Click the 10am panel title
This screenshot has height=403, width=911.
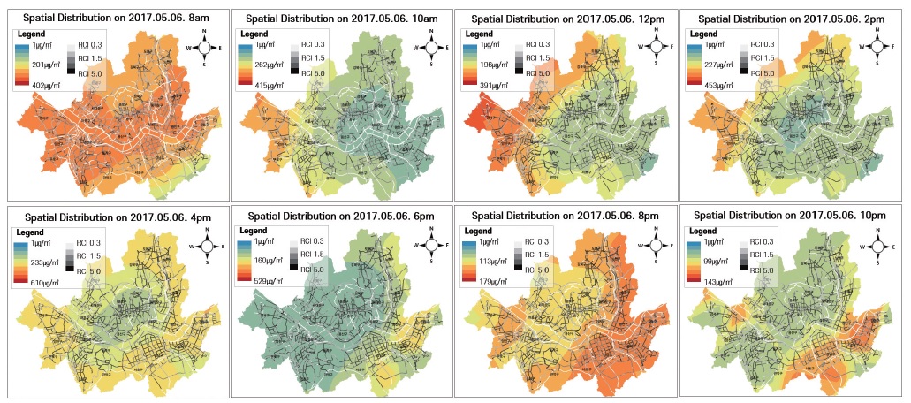coord(340,18)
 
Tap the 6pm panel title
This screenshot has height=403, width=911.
coord(340,216)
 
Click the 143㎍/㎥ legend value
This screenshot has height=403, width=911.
coord(717,279)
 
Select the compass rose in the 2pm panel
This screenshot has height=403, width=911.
coord(878,46)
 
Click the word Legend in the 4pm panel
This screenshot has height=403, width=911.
coord(33,232)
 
